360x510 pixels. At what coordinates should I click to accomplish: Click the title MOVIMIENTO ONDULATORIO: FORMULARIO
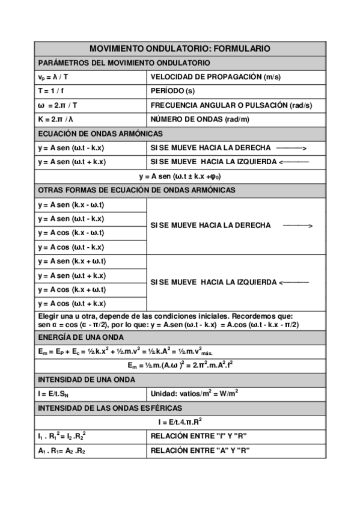(180, 49)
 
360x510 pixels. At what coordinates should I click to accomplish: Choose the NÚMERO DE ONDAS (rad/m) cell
(200, 119)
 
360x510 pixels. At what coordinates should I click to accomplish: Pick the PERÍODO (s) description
(172, 91)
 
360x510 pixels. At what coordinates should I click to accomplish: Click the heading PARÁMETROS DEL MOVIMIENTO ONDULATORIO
(124, 63)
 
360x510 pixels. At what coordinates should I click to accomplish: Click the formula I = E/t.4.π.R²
(180, 422)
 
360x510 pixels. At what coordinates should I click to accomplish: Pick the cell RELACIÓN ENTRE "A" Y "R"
(200, 450)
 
